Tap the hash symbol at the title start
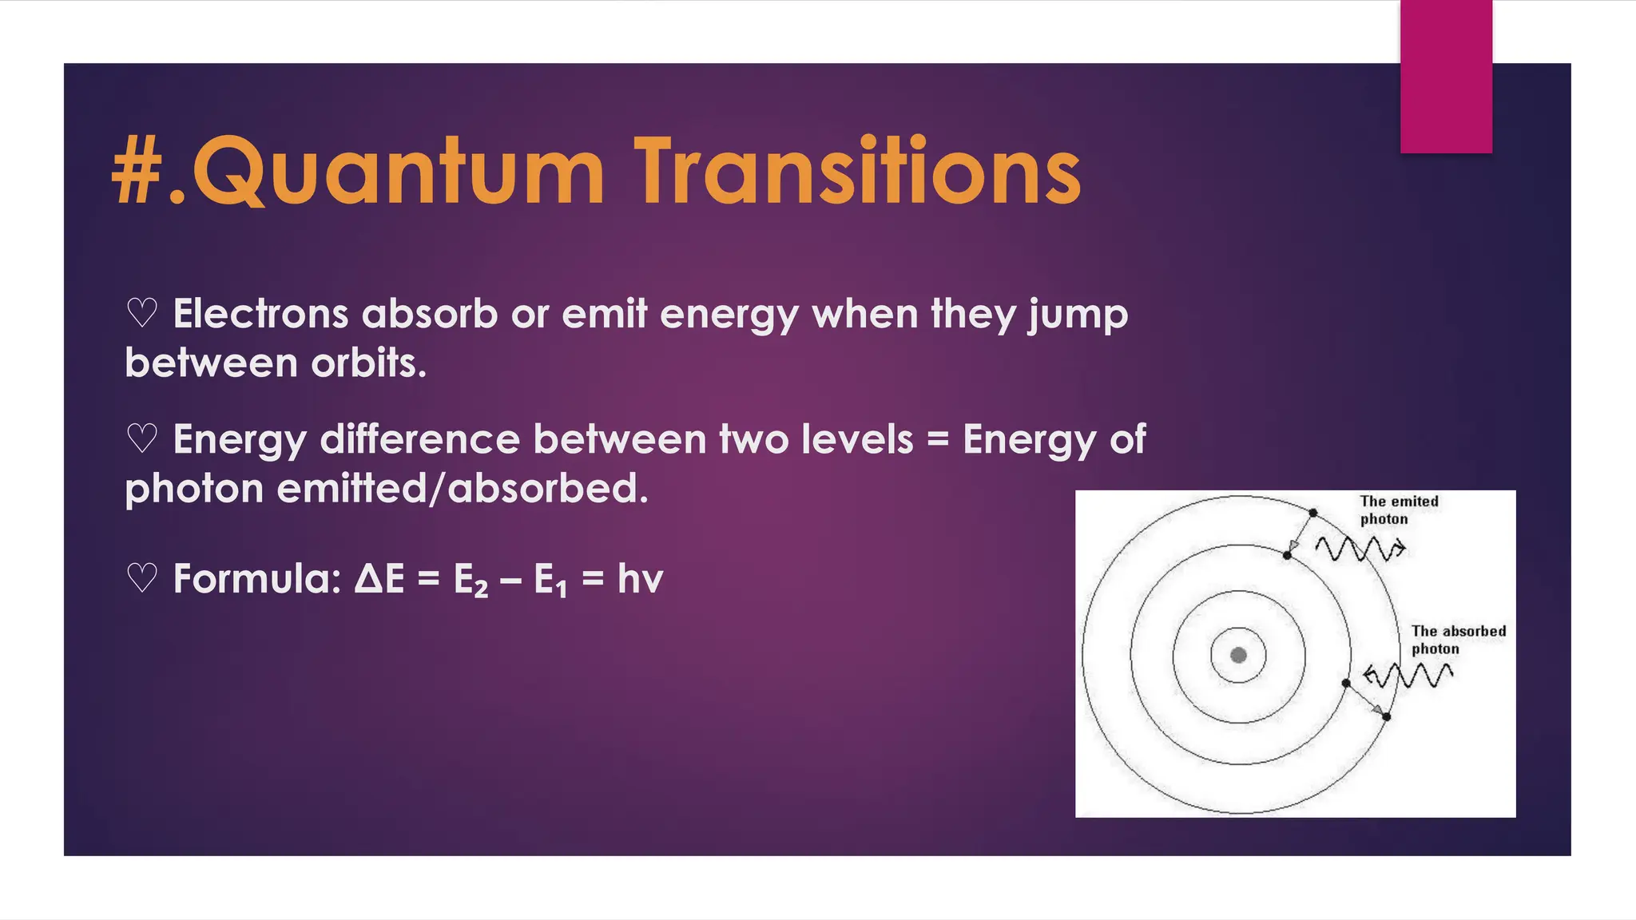pyautogui.click(x=137, y=172)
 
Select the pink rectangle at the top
pyautogui.click(x=1446, y=77)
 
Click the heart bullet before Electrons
pyautogui.click(x=142, y=313)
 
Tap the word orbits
pyautogui.click(x=368, y=363)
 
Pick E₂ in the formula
pyautogui.click(x=471, y=580)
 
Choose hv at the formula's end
pyautogui.click(x=640, y=578)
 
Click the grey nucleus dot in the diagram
pyautogui.click(x=1238, y=656)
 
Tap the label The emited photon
pyautogui.click(x=1399, y=510)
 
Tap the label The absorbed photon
pyautogui.click(x=1457, y=640)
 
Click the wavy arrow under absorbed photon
pyautogui.click(x=1408, y=676)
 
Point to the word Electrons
pyautogui.click(x=260, y=313)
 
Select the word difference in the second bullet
pyautogui.click(x=419, y=439)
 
